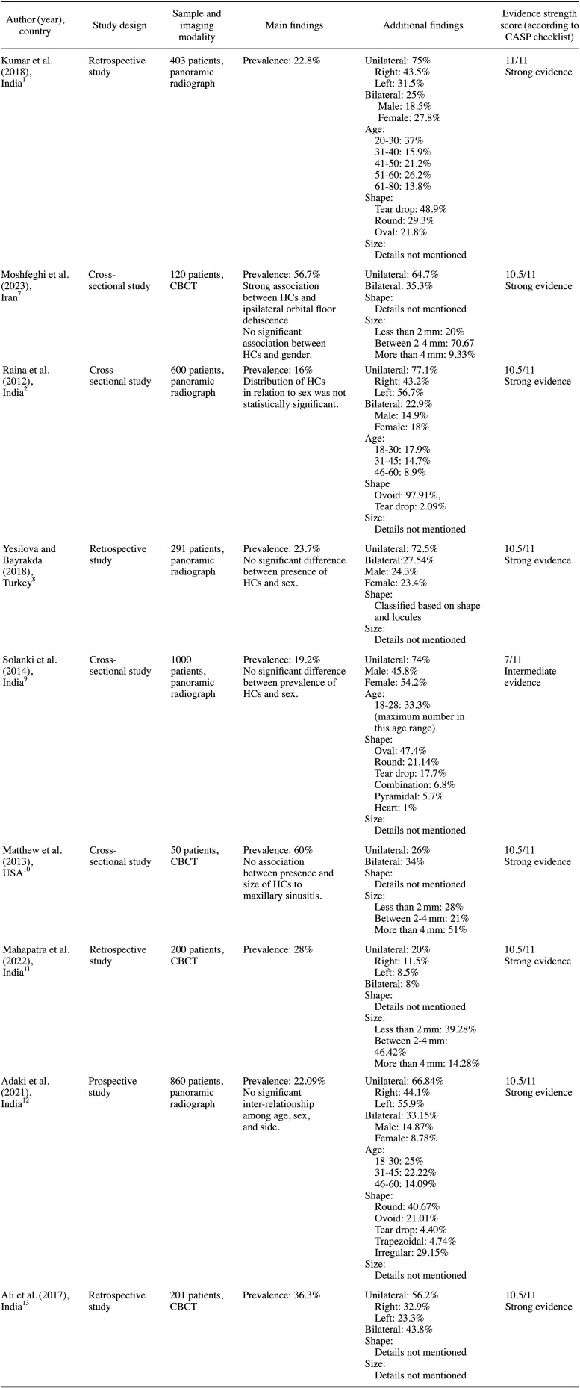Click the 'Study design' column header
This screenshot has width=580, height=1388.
click(119, 25)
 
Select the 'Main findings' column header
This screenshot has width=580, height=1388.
click(294, 25)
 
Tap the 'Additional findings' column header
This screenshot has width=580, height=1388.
click(422, 25)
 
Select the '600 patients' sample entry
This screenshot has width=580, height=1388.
click(196, 371)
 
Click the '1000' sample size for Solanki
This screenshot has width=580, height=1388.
click(181, 660)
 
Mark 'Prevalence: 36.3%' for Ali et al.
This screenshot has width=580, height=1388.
click(281, 1295)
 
